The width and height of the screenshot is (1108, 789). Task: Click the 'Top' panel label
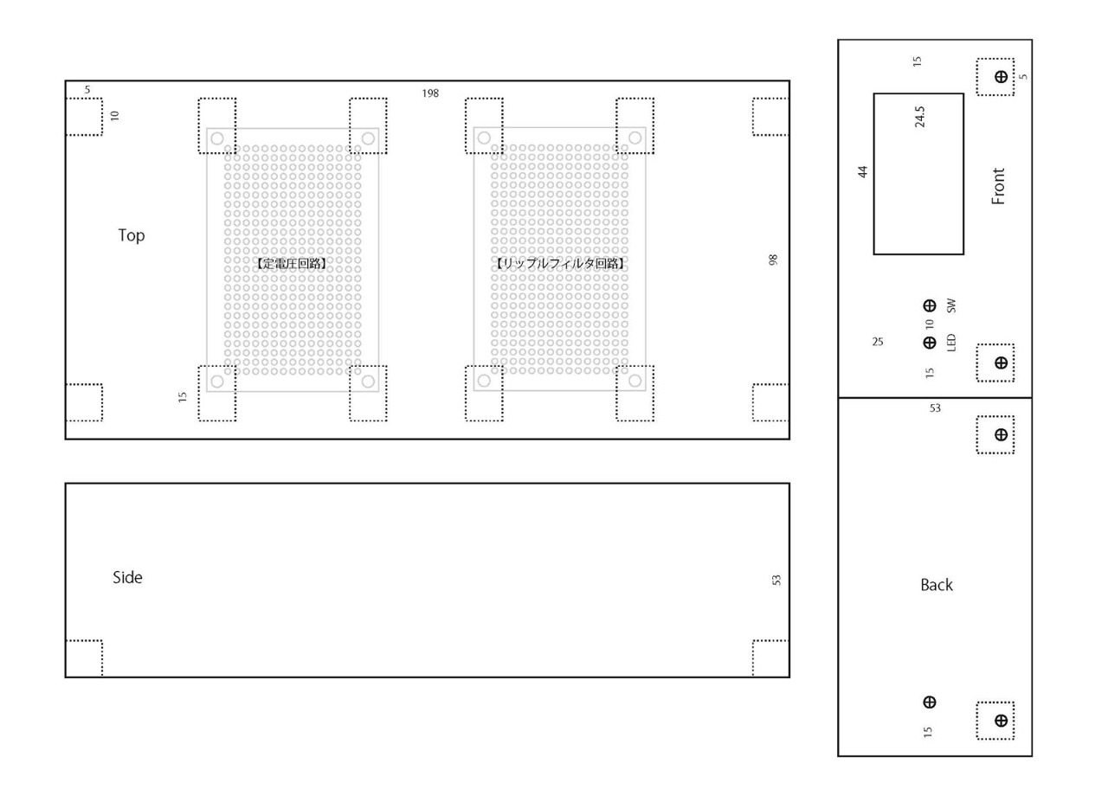tap(131, 235)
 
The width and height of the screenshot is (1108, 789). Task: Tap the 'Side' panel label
tap(127, 577)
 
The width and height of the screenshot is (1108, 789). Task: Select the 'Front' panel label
tap(998, 186)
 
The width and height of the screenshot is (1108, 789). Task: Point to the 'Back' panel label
tap(937, 586)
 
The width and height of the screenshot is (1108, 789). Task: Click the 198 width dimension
tap(430, 93)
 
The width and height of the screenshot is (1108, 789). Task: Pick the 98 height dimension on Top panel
tap(773, 260)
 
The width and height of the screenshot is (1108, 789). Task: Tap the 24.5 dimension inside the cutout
tap(919, 117)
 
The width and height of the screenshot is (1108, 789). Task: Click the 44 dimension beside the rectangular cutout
tap(863, 171)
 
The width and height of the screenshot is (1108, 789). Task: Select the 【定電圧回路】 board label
tap(292, 264)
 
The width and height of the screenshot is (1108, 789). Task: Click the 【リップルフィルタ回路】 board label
tap(559, 264)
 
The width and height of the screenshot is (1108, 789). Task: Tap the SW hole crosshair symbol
tap(930, 306)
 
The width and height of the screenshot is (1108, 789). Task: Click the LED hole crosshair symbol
tap(930, 343)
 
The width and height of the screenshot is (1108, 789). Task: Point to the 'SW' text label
tap(951, 306)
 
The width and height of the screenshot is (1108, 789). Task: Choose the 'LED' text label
tap(951, 343)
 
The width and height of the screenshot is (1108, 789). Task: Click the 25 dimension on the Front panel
tap(878, 342)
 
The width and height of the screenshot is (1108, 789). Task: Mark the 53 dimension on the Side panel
tap(776, 580)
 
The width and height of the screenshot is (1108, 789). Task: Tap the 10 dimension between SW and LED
tap(930, 324)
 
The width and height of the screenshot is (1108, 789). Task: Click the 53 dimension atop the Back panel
tap(935, 408)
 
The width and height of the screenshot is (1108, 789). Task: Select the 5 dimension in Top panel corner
tap(87, 90)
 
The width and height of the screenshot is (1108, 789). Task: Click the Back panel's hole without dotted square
tap(930, 702)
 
